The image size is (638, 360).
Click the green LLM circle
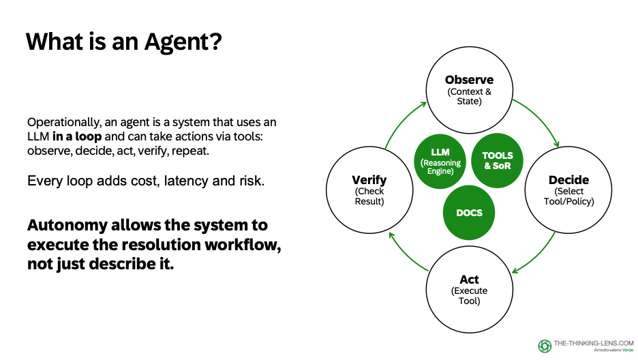pyautogui.click(x=440, y=161)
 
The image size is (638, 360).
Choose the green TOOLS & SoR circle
pyautogui.click(x=497, y=161)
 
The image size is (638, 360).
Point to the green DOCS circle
pyautogui.click(x=468, y=212)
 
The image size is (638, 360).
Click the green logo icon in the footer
pyautogui.click(x=545, y=346)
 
